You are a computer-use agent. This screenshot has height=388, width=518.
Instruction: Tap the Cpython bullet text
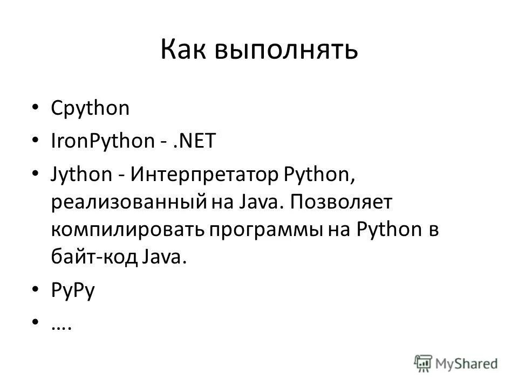click(x=90, y=108)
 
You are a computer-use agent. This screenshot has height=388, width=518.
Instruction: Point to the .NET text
click(x=193, y=141)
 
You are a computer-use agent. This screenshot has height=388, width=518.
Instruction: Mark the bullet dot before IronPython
click(x=36, y=141)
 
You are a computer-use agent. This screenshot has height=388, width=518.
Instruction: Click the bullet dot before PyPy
click(x=36, y=290)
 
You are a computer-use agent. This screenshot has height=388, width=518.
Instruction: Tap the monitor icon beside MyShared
click(x=424, y=362)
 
